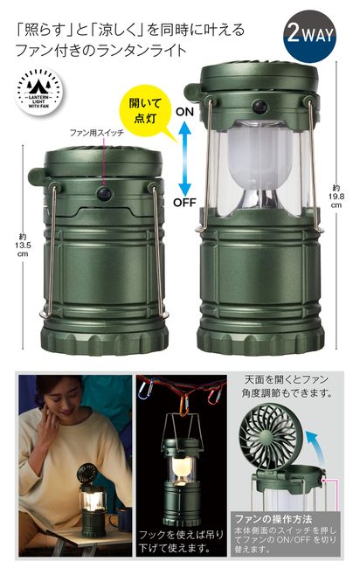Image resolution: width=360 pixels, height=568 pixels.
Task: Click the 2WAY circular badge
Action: pyautogui.click(x=309, y=36)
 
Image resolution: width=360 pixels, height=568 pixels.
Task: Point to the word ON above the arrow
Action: pyautogui.click(x=184, y=112)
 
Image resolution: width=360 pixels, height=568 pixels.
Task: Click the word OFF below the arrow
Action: pyautogui.click(x=184, y=203)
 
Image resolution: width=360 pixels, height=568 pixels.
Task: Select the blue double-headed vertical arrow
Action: pyautogui.click(x=184, y=158)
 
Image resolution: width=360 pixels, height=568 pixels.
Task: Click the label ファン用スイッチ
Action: pyautogui.click(x=97, y=133)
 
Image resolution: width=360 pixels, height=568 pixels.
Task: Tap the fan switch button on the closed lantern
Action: pyautogui.click(x=105, y=193)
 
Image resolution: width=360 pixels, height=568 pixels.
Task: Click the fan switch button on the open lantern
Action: pyautogui.click(x=260, y=107)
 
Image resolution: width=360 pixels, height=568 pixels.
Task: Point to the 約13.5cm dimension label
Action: pyautogui.click(x=23, y=246)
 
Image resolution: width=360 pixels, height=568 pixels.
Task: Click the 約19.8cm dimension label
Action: pyautogui.click(x=336, y=197)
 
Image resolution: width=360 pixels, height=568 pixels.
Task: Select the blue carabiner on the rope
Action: pyautogui.click(x=144, y=389)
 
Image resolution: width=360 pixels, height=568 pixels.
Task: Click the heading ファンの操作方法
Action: pyautogui.click(x=273, y=519)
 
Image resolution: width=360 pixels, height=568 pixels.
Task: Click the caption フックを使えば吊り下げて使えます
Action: pyautogui.click(x=181, y=541)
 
